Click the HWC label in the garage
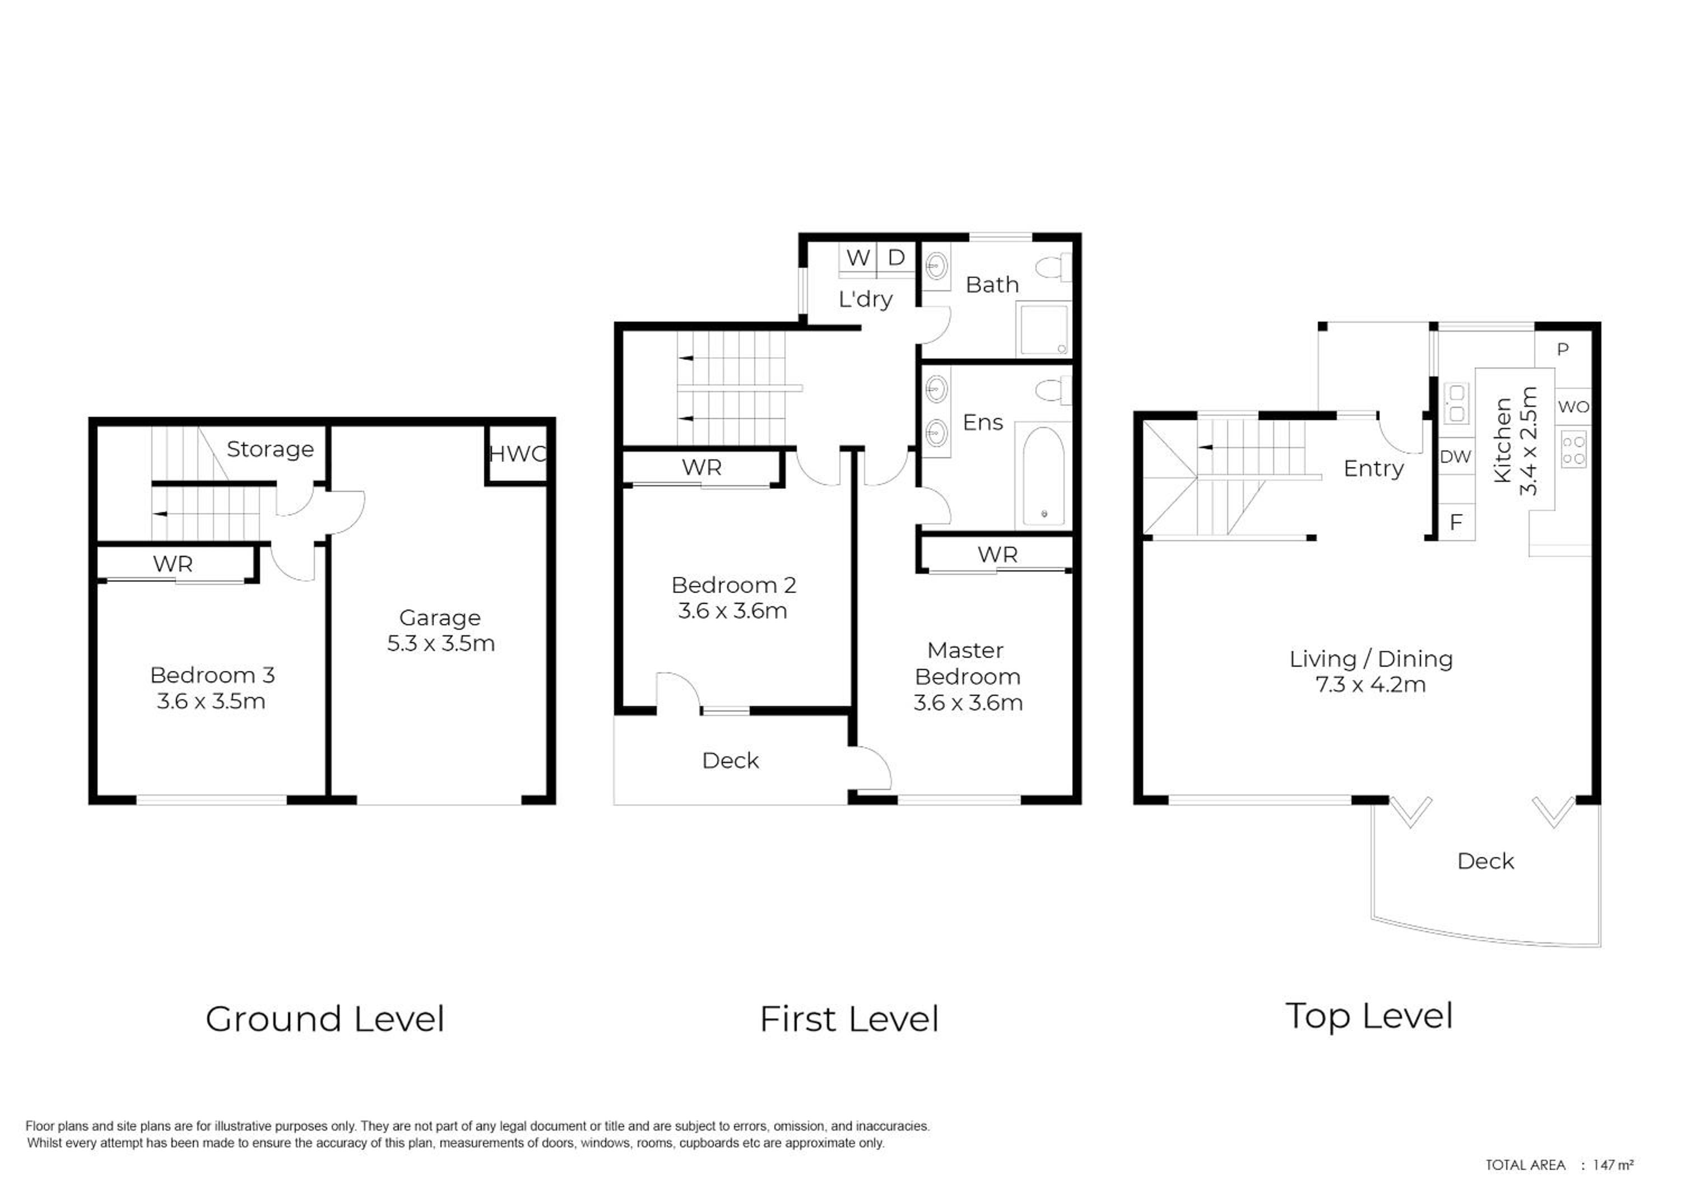[x=517, y=454]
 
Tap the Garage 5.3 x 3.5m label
[x=440, y=630]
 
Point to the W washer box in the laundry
[x=858, y=258]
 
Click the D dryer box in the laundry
[x=896, y=258]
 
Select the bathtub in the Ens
[x=1043, y=476]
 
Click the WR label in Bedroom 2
[x=702, y=467]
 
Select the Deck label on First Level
[x=730, y=761]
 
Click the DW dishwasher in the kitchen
[x=1455, y=457]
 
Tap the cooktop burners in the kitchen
[x=1574, y=450]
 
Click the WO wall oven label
[x=1573, y=407]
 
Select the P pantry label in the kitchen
[x=1562, y=350]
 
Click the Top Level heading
[x=1369, y=1017]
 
